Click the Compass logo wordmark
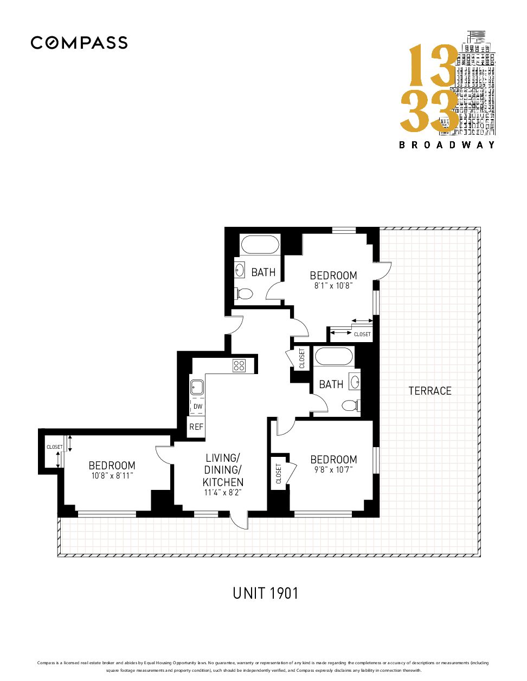click(79, 43)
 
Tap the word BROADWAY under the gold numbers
click(447, 145)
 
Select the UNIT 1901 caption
click(265, 593)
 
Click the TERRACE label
click(430, 391)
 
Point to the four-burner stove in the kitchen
click(239, 366)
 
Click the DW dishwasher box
click(197, 407)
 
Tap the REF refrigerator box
click(196, 427)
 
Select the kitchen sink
click(197, 388)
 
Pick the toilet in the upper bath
click(243, 293)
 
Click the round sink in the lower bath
click(355, 382)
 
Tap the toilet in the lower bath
click(351, 405)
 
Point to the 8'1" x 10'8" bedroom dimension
click(333, 286)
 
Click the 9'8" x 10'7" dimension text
click(333, 470)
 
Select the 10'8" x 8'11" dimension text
click(112, 476)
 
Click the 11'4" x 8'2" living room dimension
click(223, 492)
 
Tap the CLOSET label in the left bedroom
click(55, 447)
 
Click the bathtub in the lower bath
click(334, 356)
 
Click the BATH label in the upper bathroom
click(263, 272)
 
